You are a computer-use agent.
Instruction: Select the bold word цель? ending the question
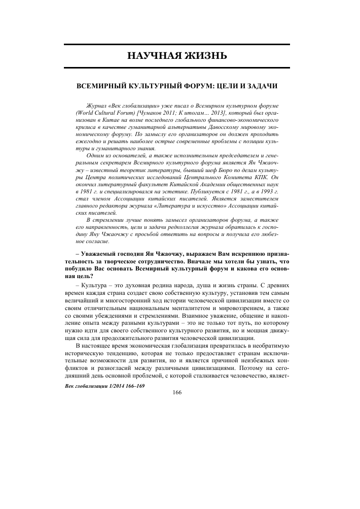click(83, 276)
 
